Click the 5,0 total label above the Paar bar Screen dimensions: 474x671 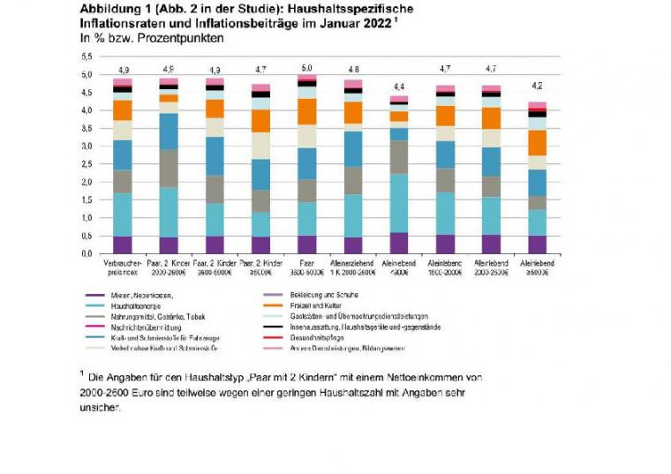(x=306, y=67)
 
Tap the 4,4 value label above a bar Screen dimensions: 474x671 (x=398, y=87)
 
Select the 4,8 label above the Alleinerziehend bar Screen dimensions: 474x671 (x=352, y=69)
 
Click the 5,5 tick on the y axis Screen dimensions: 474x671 (x=87, y=56)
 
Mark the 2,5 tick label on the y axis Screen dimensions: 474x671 (x=87, y=164)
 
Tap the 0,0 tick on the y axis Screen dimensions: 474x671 (x=87, y=254)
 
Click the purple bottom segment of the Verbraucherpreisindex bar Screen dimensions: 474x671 (x=123, y=245)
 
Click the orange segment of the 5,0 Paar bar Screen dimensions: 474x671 (x=306, y=111)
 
